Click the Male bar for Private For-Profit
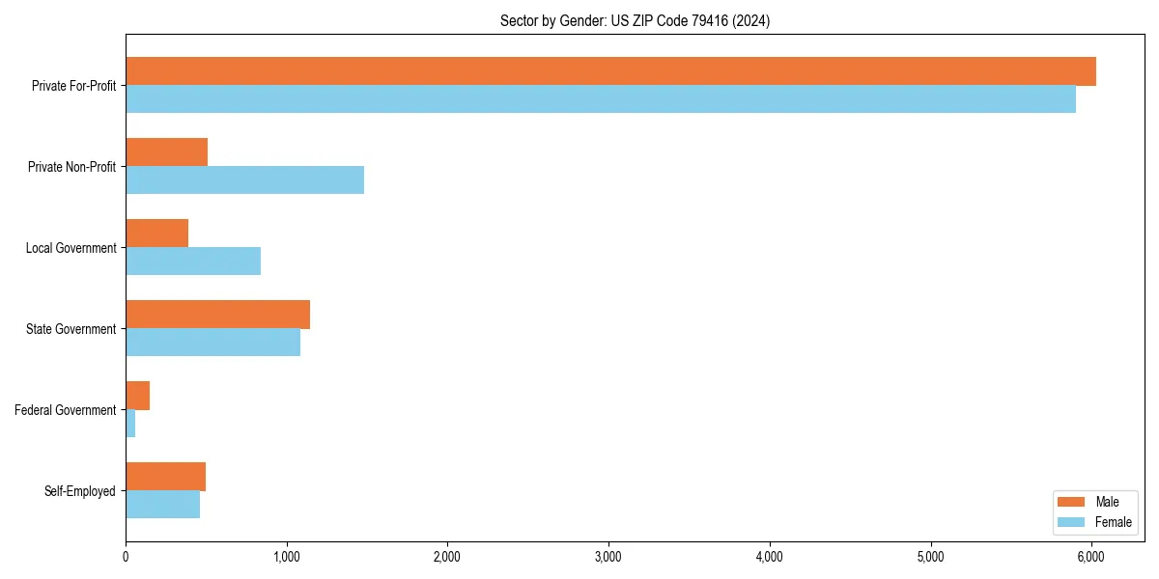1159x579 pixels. coord(610,71)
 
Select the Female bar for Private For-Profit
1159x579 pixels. coord(601,99)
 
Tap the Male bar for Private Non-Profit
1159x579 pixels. coord(166,152)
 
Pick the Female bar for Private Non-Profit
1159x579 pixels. coord(244,180)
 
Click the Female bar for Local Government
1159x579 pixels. coord(193,262)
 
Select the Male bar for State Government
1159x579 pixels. coord(217,315)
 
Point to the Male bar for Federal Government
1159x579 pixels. coord(137,396)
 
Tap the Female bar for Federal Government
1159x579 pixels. coord(130,424)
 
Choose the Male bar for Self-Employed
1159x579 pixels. coord(165,477)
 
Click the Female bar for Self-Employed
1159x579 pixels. coord(162,505)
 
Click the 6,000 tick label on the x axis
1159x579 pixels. coord(1091,557)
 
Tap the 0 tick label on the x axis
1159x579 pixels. coord(126,557)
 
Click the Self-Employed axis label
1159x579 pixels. coord(80,491)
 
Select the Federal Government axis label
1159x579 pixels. coord(66,410)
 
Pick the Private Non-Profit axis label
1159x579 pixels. coord(71,167)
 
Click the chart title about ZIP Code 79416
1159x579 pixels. coord(635,20)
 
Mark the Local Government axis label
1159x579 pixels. coord(71,248)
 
